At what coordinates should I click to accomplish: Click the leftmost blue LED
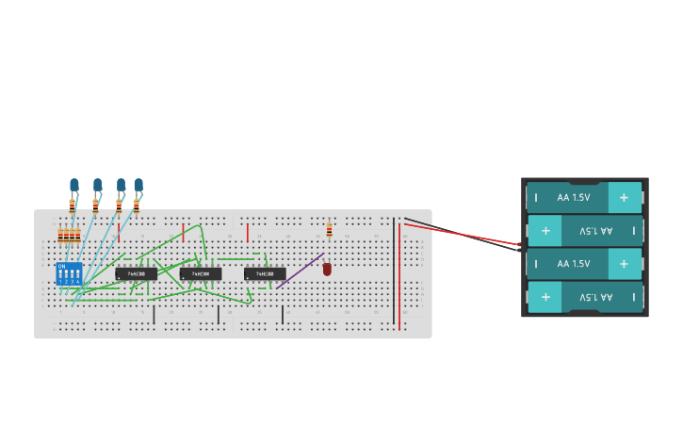(x=74, y=185)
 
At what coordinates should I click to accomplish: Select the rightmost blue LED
(x=138, y=185)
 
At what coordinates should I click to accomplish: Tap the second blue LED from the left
(x=97, y=185)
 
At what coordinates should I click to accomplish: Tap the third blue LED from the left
(x=121, y=186)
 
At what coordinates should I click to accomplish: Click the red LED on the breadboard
(x=327, y=270)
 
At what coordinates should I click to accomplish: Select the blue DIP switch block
(x=69, y=273)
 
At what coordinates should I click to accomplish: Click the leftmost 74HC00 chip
(x=137, y=274)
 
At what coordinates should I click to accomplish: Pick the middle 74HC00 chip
(x=201, y=274)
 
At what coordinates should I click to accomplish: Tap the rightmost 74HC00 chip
(x=265, y=274)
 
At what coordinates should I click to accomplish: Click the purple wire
(x=301, y=271)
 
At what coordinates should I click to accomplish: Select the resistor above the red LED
(x=329, y=229)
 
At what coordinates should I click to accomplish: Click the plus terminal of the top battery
(x=624, y=198)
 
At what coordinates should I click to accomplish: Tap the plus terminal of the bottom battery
(x=545, y=297)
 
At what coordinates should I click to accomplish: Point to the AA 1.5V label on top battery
(x=573, y=198)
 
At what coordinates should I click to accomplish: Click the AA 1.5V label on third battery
(x=573, y=264)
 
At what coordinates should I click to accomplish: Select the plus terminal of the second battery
(x=545, y=231)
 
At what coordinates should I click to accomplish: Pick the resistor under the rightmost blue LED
(x=137, y=205)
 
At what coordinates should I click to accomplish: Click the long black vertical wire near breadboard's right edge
(x=394, y=273)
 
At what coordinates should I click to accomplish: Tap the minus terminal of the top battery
(x=536, y=198)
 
